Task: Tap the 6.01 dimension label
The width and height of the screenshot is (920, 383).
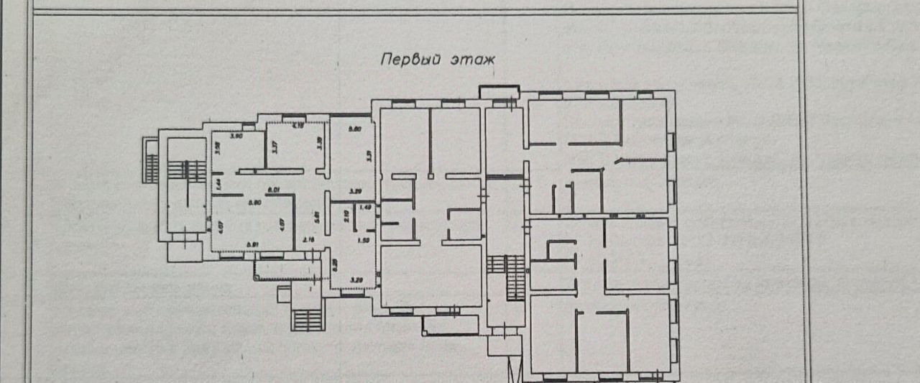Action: pyautogui.click(x=273, y=190)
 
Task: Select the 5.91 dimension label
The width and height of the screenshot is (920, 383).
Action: pyautogui.click(x=252, y=245)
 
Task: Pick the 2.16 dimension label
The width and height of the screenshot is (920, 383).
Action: pyautogui.click(x=309, y=239)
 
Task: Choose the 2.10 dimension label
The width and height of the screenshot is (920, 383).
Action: pyautogui.click(x=346, y=214)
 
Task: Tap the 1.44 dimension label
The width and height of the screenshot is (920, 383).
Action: pyautogui.click(x=217, y=184)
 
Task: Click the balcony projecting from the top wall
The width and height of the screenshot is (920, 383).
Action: pyautogui.click(x=499, y=93)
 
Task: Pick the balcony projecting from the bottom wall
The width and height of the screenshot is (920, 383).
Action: pyautogui.click(x=449, y=325)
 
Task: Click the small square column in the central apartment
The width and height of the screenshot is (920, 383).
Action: pyautogui.click(x=430, y=175)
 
